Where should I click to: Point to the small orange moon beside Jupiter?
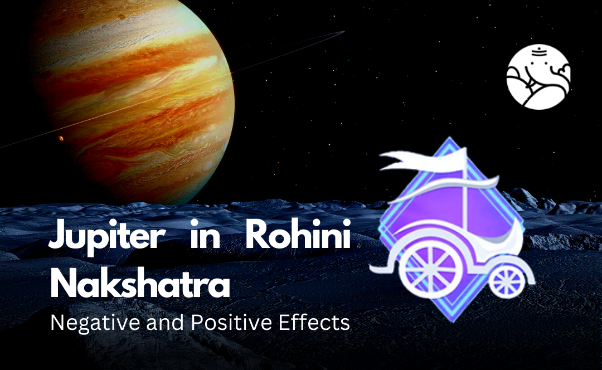point(61,138)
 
